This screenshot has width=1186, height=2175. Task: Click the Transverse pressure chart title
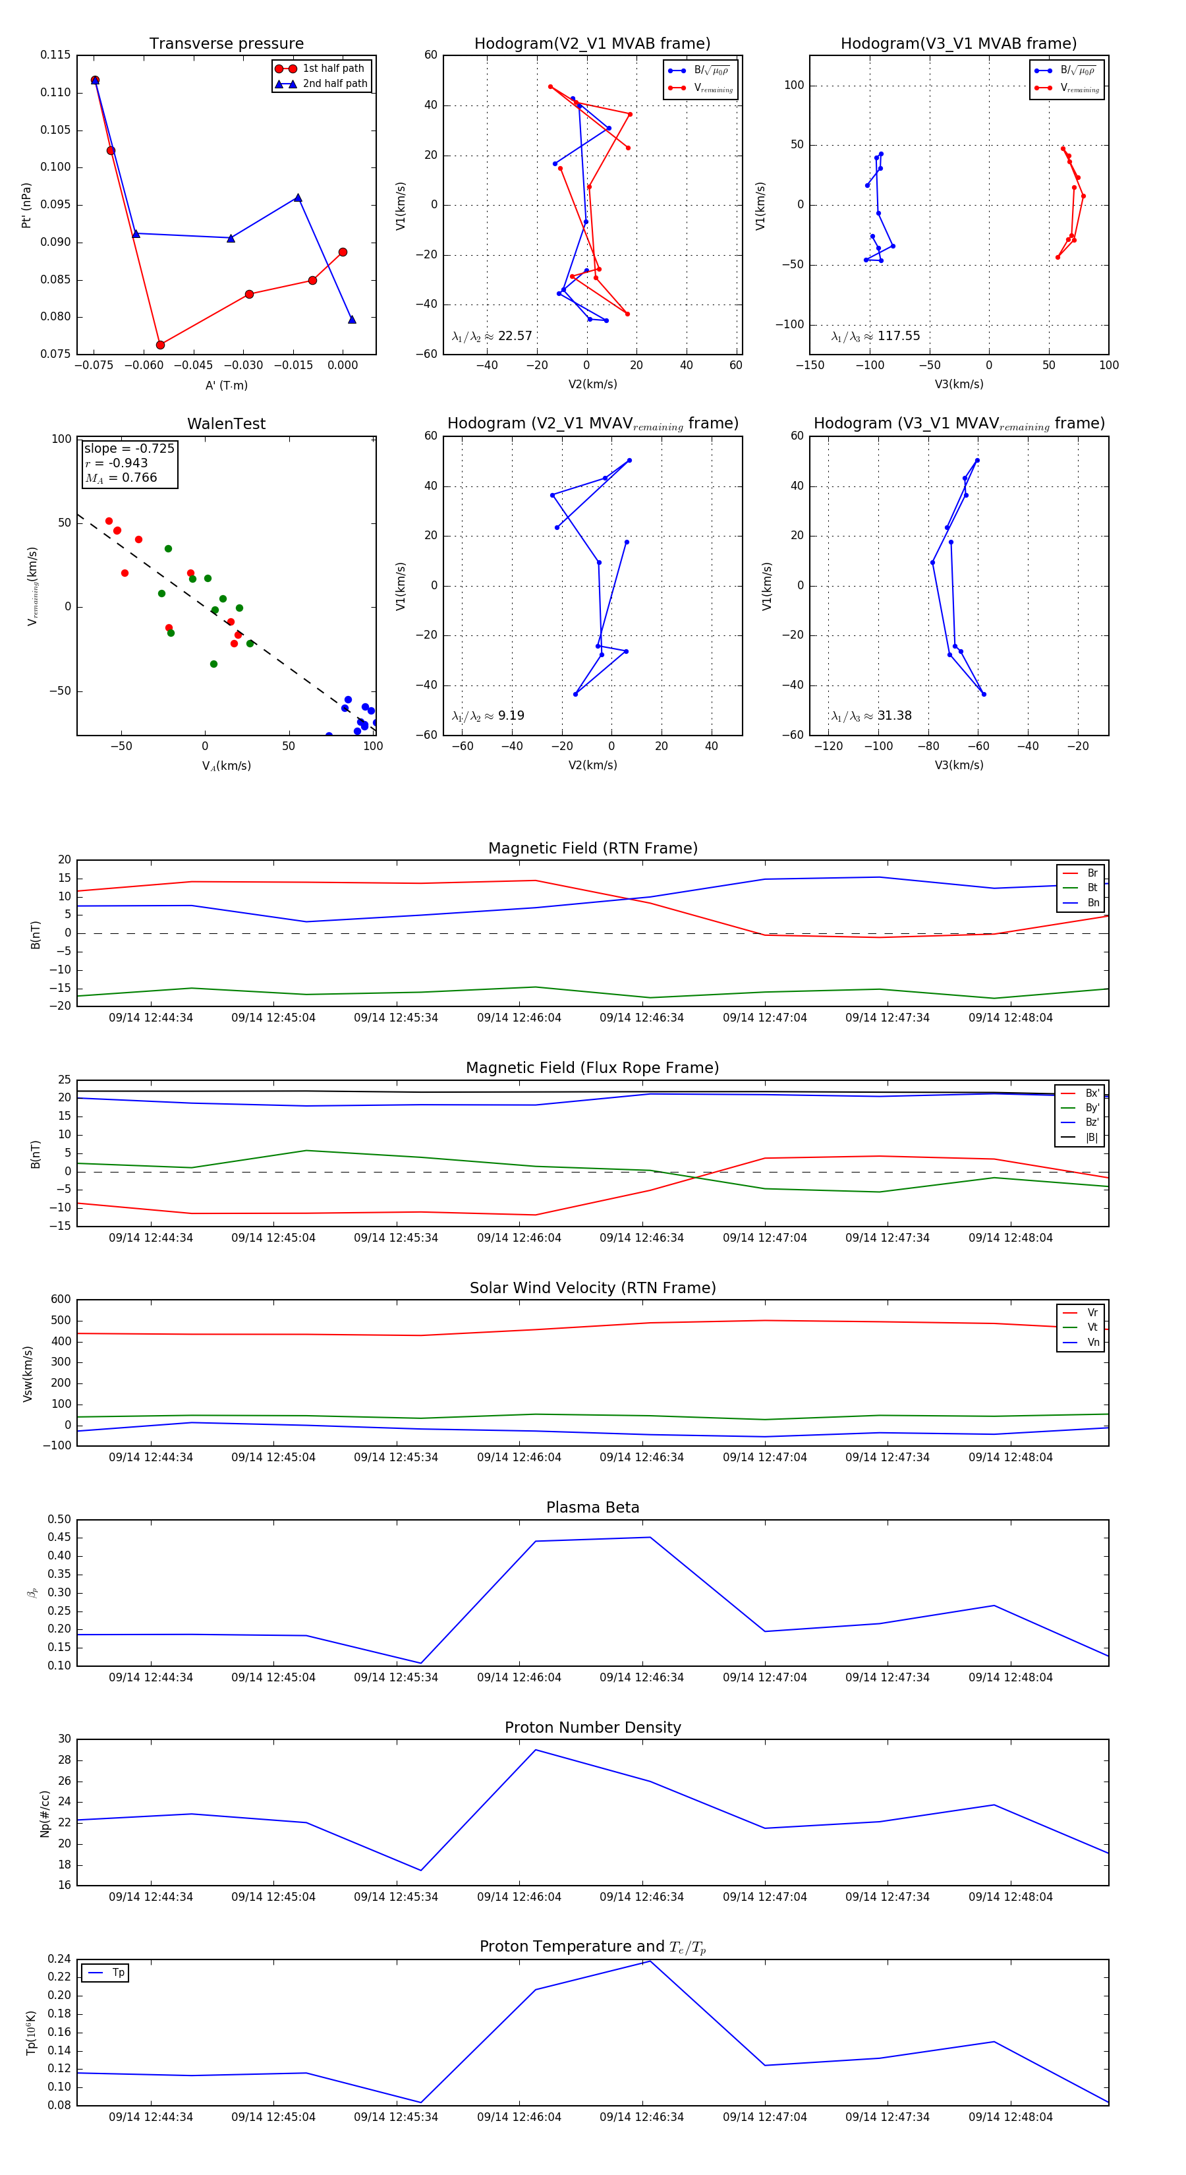[226, 44]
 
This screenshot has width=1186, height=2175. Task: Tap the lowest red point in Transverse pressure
[160, 345]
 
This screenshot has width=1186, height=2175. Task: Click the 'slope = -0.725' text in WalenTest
[129, 448]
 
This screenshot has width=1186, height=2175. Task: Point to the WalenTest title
[226, 424]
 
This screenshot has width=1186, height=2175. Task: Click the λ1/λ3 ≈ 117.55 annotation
[876, 336]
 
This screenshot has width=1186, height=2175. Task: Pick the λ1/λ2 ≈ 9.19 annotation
[488, 716]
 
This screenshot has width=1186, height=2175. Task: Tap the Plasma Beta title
[592, 1507]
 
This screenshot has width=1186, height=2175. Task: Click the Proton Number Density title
[592, 1727]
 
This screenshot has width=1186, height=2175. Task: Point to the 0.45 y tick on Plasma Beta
[59, 1538]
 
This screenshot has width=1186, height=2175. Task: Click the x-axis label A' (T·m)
[226, 385]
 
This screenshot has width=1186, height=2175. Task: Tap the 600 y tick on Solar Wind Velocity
[61, 1300]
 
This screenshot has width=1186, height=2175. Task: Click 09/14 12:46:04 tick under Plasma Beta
[519, 1677]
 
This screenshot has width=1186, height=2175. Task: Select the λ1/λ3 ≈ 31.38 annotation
[871, 716]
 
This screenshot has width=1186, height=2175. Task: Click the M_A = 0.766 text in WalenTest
[121, 478]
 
